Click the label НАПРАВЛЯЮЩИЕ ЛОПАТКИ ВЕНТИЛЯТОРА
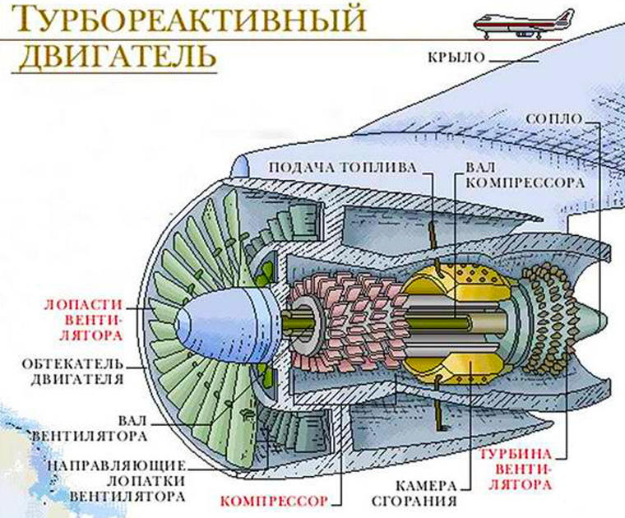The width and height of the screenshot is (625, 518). click(118, 481)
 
